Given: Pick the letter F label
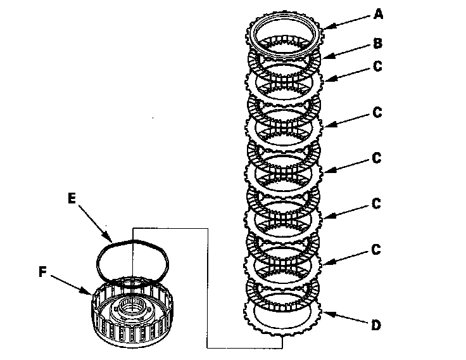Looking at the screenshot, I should click(x=42, y=273).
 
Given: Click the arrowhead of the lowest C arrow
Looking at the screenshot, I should click(x=323, y=262).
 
